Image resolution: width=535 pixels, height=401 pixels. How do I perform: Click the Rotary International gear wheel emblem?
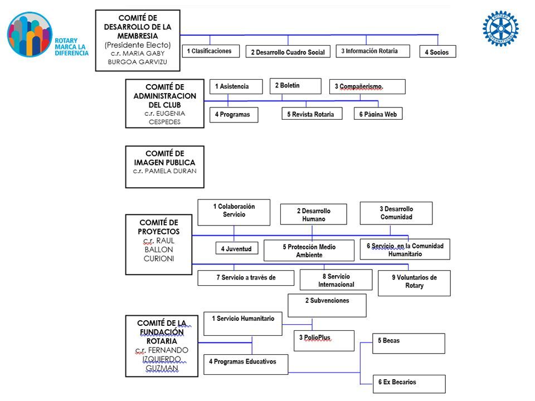(500, 28)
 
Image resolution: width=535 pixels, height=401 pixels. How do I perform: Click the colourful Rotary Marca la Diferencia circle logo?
(30, 35)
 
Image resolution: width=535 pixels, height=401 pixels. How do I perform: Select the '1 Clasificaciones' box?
(211, 51)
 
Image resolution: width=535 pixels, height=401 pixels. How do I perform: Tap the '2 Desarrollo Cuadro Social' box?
(288, 51)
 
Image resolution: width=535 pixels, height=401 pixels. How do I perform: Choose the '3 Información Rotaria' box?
(373, 51)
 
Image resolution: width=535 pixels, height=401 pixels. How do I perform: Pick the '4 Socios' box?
(438, 51)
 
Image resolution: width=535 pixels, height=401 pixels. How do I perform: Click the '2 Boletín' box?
(295, 86)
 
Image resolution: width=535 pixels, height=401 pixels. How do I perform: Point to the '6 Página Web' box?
(378, 114)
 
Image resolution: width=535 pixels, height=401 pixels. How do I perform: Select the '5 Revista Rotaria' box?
(312, 114)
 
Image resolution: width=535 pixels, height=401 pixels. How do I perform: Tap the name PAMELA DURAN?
(171, 171)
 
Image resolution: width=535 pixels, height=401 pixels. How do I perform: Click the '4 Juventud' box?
(237, 248)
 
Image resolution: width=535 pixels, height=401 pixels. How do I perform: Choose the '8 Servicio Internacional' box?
(336, 280)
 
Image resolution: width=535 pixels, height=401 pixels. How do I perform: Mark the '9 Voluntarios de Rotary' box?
(414, 283)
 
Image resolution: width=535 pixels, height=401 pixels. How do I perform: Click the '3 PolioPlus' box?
(324, 341)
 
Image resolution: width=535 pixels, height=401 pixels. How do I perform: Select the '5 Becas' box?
(408, 344)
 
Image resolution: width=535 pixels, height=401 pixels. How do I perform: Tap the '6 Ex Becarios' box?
(409, 384)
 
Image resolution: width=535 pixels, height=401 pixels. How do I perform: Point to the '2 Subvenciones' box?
(327, 306)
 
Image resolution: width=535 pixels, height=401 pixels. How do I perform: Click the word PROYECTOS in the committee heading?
(159, 232)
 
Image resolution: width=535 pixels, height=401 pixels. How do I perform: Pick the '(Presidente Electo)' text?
(138, 45)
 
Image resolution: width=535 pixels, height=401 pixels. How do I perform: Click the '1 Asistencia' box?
(236, 87)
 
